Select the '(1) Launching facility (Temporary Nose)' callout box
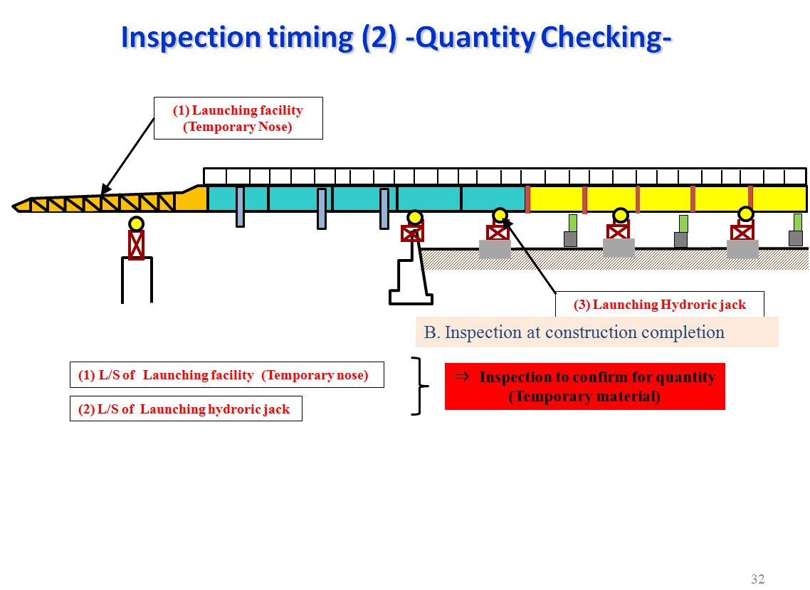[238, 118]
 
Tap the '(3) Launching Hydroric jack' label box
[659, 305]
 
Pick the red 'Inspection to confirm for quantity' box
[584, 386]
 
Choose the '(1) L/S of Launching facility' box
[226, 375]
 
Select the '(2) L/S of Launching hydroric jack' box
[185, 409]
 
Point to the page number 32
[757, 579]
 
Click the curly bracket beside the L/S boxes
[421, 386]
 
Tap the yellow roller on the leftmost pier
[136, 223]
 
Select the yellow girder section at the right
[666, 199]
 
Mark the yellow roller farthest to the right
[745, 214]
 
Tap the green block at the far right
[797, 222]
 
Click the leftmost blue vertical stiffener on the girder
[240, 206]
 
